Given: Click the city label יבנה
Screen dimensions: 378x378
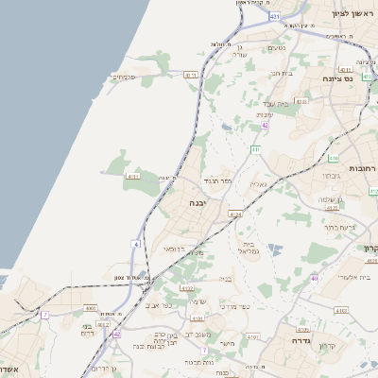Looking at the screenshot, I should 197,203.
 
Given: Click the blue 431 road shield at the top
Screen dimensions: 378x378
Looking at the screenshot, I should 274,17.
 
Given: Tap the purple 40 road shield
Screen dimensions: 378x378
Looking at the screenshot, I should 314,278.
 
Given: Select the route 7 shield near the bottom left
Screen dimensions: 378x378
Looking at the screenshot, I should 44,314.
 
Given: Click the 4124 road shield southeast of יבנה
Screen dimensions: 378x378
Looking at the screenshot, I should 235,215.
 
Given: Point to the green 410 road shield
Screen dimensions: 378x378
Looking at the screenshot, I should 334,159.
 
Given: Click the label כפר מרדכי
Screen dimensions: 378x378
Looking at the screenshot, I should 231,306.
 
